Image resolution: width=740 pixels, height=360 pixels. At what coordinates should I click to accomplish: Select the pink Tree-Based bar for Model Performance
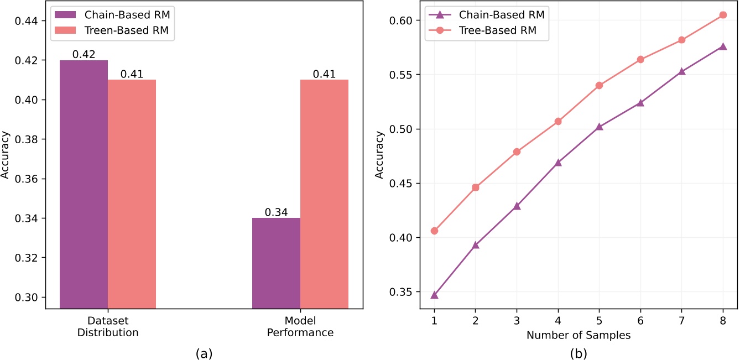[324, 194]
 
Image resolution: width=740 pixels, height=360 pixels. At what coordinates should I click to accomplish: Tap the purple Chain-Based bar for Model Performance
[276, 263]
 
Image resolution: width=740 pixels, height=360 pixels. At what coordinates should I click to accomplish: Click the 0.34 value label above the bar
[276, 212]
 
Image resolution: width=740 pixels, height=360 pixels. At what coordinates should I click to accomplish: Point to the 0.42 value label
[84, 54]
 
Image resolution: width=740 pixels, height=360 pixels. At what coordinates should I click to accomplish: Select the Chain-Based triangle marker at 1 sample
[434, 295]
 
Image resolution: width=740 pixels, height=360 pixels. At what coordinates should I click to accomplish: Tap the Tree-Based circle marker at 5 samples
[599, 85]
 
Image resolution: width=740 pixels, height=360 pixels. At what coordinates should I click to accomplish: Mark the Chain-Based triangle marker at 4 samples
[558, 163]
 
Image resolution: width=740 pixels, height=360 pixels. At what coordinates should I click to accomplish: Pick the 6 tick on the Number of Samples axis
[640, 320]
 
